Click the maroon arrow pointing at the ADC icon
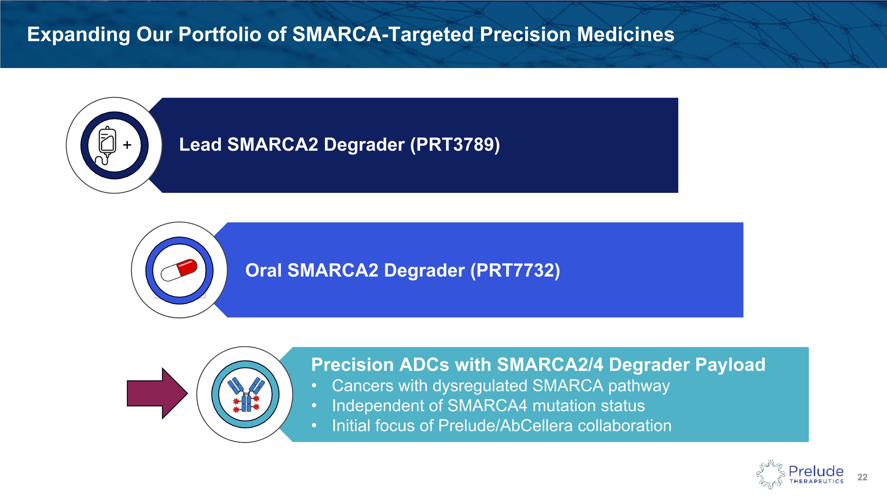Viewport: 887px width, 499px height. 157,393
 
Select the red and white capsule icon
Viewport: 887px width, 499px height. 179,270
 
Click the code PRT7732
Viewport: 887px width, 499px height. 515,270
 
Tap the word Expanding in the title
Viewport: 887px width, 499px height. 79,35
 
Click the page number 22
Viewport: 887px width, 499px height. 862,477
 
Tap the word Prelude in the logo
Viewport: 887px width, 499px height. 816,471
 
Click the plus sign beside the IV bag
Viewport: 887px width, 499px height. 127,145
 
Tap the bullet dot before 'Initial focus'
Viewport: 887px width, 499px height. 314,426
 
